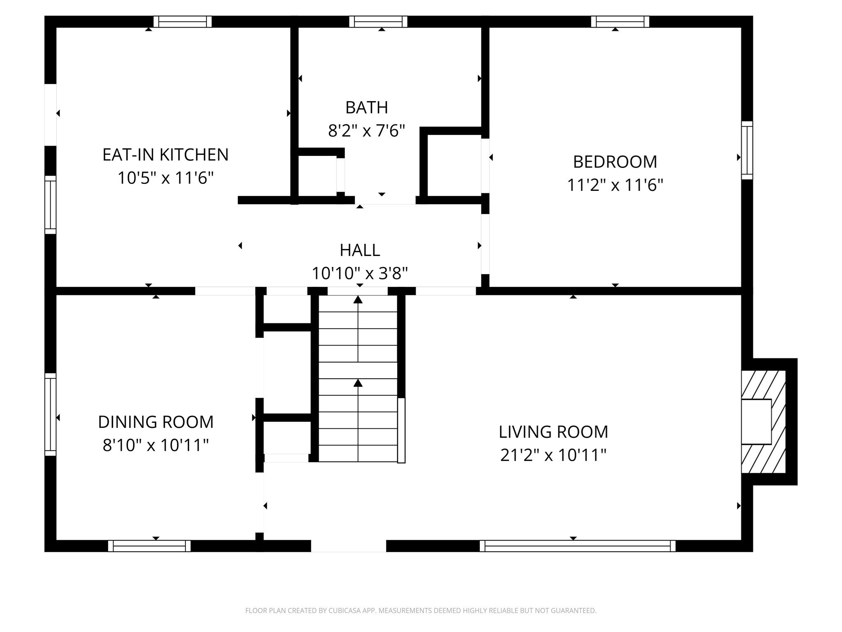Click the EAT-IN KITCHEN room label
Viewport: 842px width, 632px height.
click(x=165, y=155)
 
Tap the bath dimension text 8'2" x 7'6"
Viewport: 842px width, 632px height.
click(x=366, y=131)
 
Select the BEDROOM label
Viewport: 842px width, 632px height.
click(x=615, y=162)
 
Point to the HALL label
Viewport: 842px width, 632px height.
click(x=360, y=250)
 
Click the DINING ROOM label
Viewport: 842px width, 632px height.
click(x=156, y=422)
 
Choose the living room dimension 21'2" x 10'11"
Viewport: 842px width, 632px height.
click(x=553, y=455)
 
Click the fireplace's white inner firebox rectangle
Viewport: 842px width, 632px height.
click(x=756, y=421)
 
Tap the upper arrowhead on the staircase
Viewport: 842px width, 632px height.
click(x=358, y=300)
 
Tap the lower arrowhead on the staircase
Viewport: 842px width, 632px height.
click(x=358, y=383)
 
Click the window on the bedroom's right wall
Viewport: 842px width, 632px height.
click(x=747, y=150)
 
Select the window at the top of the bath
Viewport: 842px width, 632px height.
click(x=378, y=21)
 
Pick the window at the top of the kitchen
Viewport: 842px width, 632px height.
click(x=183, y=21)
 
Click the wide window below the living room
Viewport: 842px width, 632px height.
click(x=577, y=546)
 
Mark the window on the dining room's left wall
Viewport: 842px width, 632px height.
click(x=50, y=414)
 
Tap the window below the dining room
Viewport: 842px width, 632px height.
click(x=149, y=546)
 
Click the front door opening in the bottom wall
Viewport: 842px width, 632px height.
click(x=348, y=546)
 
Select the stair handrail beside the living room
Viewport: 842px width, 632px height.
click(x=401, y=430)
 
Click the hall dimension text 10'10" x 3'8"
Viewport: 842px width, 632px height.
click(x=360, y=273)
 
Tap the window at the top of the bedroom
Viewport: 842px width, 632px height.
click(x=620, y=21)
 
